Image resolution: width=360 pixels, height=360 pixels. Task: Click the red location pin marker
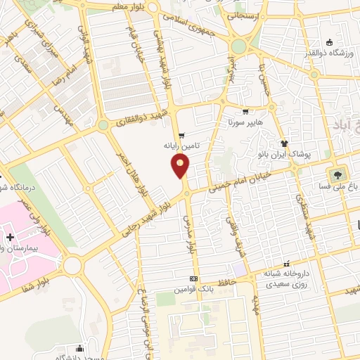pos(181,167)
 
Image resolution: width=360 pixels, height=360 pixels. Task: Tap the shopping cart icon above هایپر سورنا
pos(245,112)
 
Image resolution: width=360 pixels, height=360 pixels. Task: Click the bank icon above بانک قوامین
pos(194,278)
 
